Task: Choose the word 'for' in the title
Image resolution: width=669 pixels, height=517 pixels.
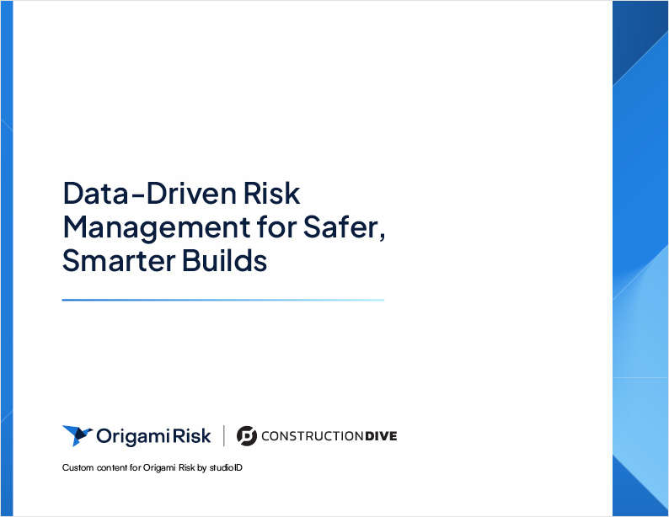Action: (x=263, y=228)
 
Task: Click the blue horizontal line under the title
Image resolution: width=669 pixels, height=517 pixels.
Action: (x=222, y=300)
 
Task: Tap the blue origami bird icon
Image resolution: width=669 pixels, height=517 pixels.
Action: (x=77, y=435)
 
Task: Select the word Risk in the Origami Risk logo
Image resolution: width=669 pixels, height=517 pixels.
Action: (x=193, y=435)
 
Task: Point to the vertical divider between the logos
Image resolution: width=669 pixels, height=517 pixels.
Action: (x=224, y=435)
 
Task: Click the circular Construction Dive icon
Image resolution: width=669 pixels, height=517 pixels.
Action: (x=247, y=435)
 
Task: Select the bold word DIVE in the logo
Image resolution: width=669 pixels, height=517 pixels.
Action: (x=381, y=436)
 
